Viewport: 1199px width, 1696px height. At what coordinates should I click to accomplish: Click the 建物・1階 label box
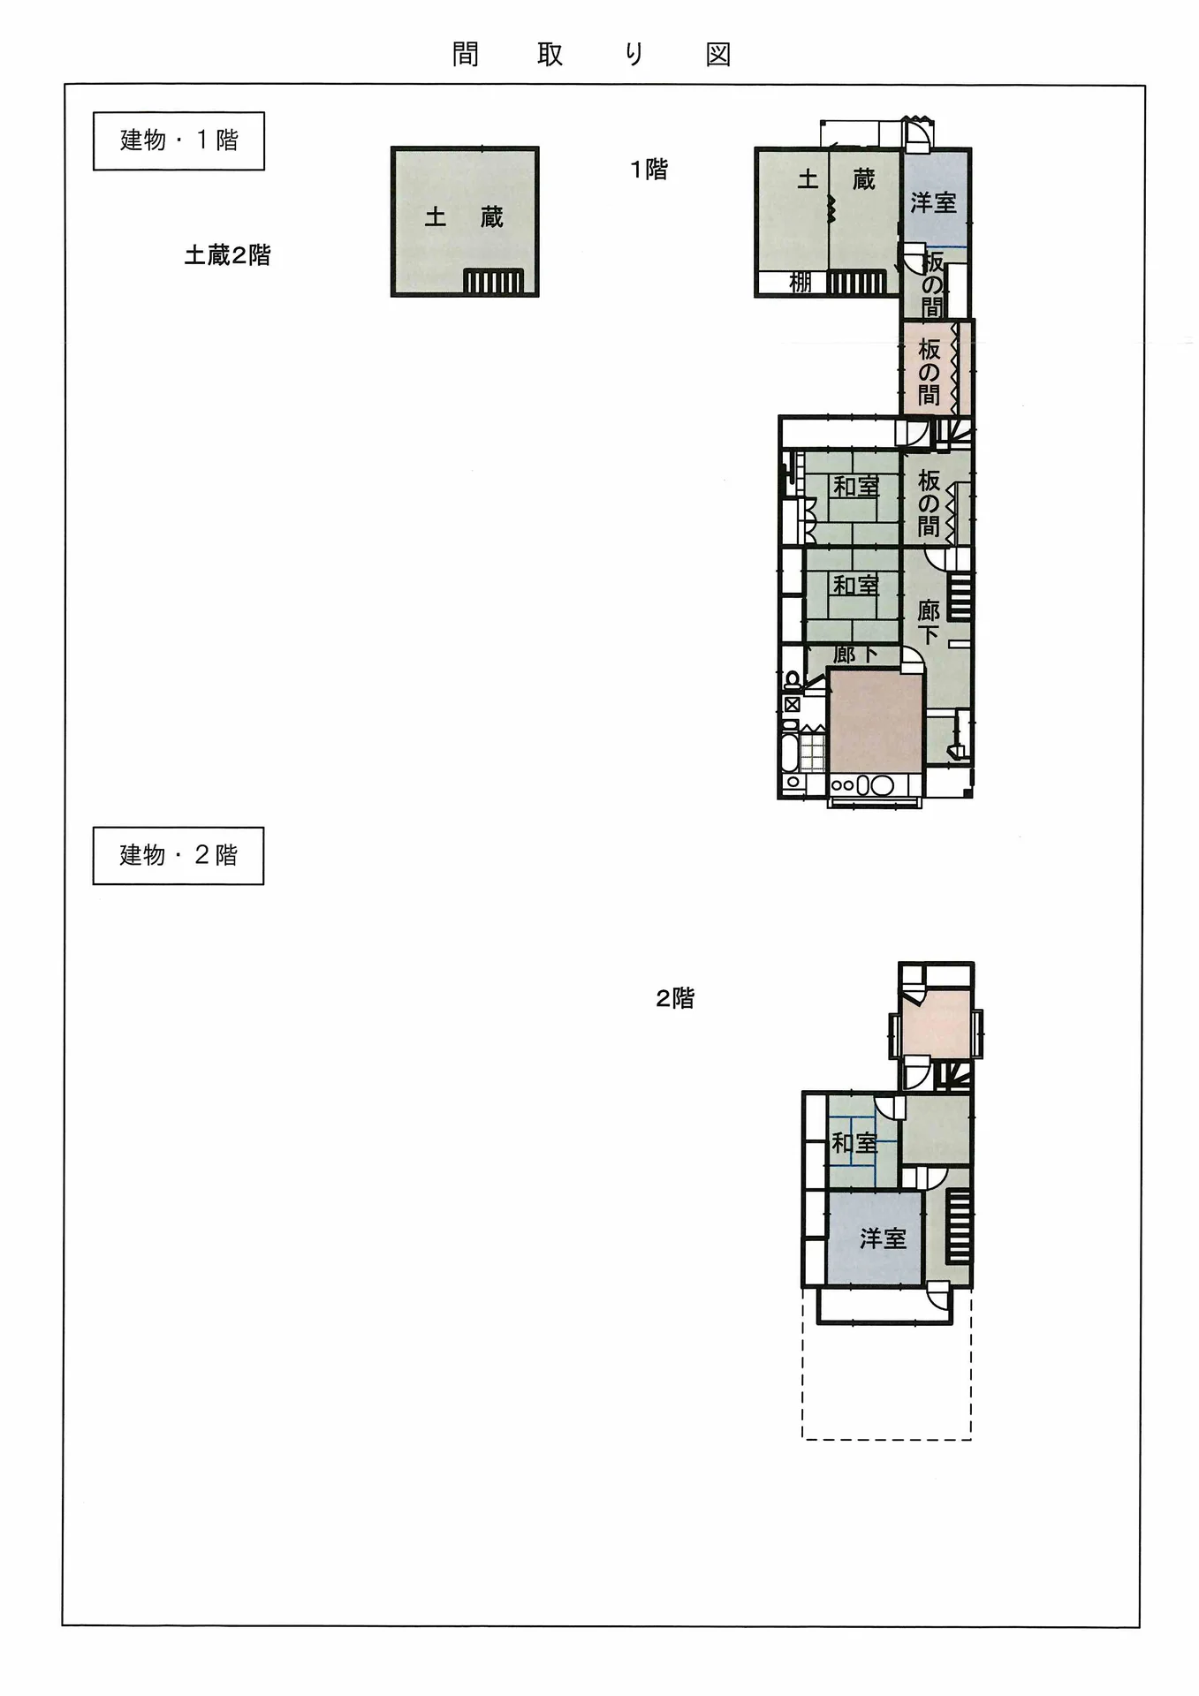[x=178, y=140]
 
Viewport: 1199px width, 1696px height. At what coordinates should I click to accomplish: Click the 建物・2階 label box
[x=178, y=855]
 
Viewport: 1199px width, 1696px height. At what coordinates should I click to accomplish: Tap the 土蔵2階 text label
[x=227, y=255]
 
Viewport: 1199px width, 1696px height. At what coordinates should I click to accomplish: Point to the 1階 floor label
[x=649, y=169]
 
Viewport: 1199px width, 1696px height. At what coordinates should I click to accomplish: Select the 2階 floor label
[x=675, y=998]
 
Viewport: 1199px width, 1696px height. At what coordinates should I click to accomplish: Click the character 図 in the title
[x=718, y=55]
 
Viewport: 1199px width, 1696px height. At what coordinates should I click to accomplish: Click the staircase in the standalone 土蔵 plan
[x=494, y=281]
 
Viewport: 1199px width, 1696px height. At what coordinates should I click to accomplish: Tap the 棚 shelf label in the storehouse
[x=800, y=282]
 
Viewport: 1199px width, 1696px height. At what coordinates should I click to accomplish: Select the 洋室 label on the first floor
[x=933, y=202]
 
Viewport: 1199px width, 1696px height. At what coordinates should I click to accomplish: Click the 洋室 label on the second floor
[x=883, y=1238]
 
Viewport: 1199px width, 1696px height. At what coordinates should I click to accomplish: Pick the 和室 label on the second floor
[x=854, y=1143]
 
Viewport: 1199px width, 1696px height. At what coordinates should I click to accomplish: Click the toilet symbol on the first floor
[x=793, y=680]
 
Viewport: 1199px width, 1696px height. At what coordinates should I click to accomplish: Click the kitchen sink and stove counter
[x=862, y=784]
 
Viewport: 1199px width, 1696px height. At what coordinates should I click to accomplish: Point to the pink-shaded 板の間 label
[x=928, y=373]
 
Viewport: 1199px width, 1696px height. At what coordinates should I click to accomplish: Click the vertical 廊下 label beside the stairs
[x=928, y=622]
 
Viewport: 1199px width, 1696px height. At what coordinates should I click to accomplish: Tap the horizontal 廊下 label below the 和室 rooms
[x=854, y=655]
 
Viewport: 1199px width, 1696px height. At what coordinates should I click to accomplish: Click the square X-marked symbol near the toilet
[x=792, y=705]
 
